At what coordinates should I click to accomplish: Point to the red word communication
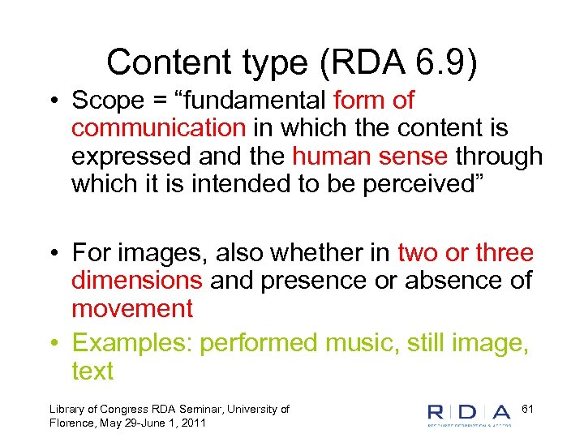click(x=158, y=128)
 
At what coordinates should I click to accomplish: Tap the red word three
click(x=504, y=253)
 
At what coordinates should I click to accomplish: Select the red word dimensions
click(x=136, y=281)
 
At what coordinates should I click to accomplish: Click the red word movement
click(x=132, y=308)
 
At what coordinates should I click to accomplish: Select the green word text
click(x=92, y=371)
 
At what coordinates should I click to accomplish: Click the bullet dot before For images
click(x=52, y=254)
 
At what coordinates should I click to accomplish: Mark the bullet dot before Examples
click(x=52, y=344)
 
